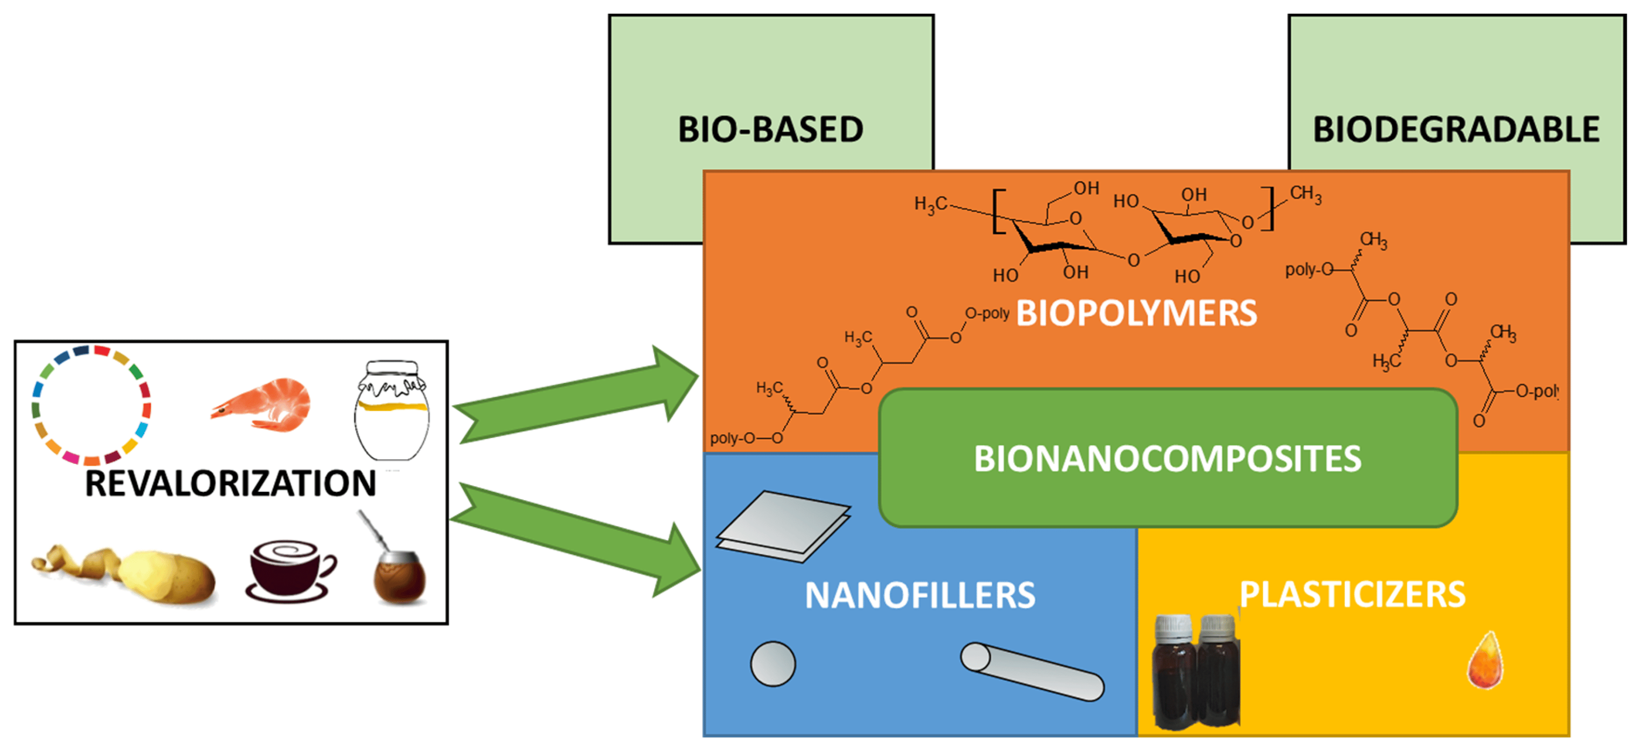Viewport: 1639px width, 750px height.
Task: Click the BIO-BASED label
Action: coord(770,129)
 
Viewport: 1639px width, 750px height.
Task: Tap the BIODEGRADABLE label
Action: coord(1456,129)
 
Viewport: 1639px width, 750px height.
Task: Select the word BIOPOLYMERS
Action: coord(1136,313)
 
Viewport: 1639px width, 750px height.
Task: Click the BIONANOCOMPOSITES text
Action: coord(1168,459)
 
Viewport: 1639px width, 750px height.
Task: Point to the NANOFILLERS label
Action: coord(920,595)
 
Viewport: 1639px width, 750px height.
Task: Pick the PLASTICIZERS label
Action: coord(1352,595)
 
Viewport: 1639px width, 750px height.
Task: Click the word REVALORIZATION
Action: coord(230,483)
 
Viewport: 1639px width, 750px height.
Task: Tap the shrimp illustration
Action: coord(261,405)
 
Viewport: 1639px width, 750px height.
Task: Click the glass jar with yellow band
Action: coord(391,410)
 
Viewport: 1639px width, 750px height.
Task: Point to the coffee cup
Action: coord(291,570)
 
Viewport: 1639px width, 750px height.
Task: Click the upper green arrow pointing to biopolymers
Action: coord(576,395)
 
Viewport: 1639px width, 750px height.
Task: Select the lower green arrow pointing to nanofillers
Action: coord(576,539)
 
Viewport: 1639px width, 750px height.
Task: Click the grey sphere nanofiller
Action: coord(773,663)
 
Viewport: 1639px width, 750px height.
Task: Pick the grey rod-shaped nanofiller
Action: coord(1032,672)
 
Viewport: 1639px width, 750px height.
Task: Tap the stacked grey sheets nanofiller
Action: coord(783,526)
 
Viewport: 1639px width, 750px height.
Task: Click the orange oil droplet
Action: coord(1486,660)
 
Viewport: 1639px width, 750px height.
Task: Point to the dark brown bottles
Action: coord(1196,672)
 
